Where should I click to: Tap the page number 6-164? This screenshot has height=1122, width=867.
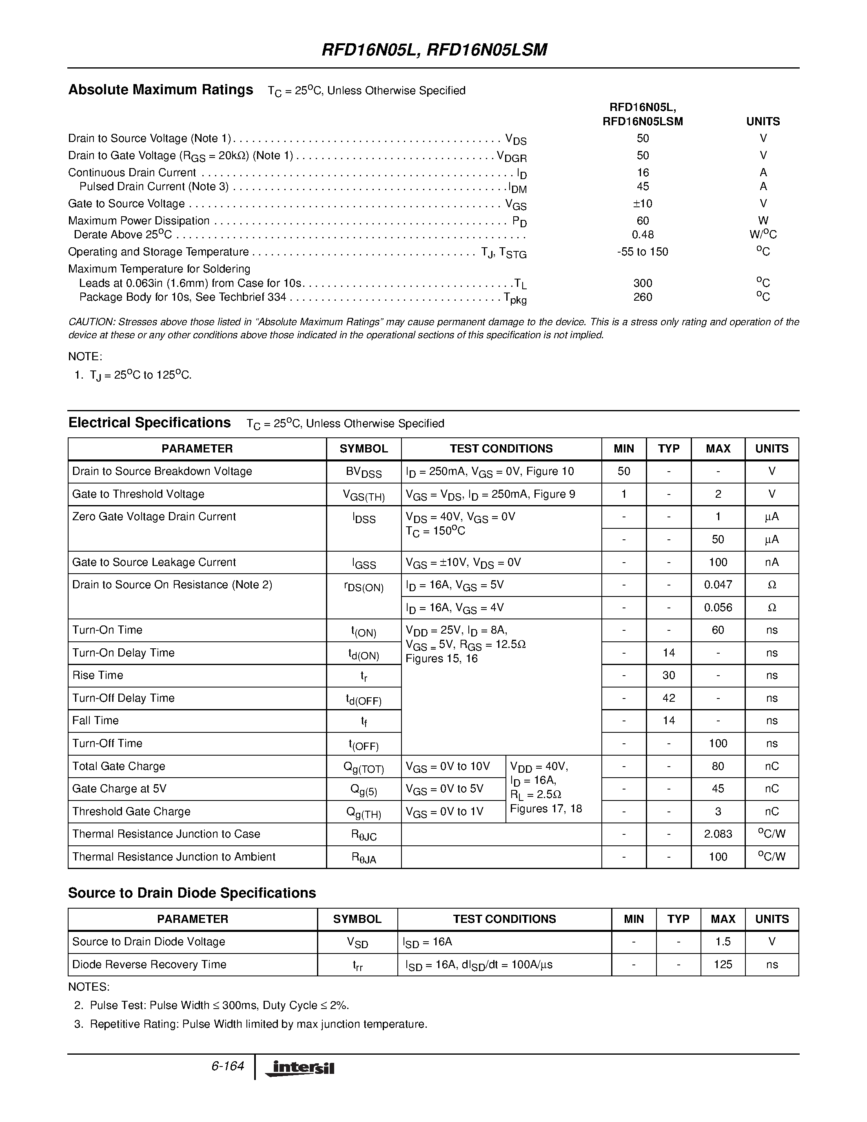point(227,1066)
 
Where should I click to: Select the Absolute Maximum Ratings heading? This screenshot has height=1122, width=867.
point(161,90)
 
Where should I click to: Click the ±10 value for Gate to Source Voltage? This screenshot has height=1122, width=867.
point(642,204)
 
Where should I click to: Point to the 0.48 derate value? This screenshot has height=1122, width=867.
point(642,235)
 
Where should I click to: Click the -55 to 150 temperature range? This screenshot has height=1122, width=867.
point(642,252)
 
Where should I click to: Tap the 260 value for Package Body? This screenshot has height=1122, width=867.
point(642,297)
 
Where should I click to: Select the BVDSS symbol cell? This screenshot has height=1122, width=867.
point(363,472)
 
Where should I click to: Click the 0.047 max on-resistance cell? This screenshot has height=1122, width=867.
point(718,585)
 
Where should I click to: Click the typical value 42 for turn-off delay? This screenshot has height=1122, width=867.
point(668,698)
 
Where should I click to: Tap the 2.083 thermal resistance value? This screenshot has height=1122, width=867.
point(718,834)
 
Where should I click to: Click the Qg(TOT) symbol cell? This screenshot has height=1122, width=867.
point(363,767)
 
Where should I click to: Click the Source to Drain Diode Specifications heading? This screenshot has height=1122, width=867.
point(192,893)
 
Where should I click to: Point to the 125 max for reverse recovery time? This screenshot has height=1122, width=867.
point(722,964)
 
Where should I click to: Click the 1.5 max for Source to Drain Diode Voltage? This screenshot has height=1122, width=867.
point(722,942)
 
